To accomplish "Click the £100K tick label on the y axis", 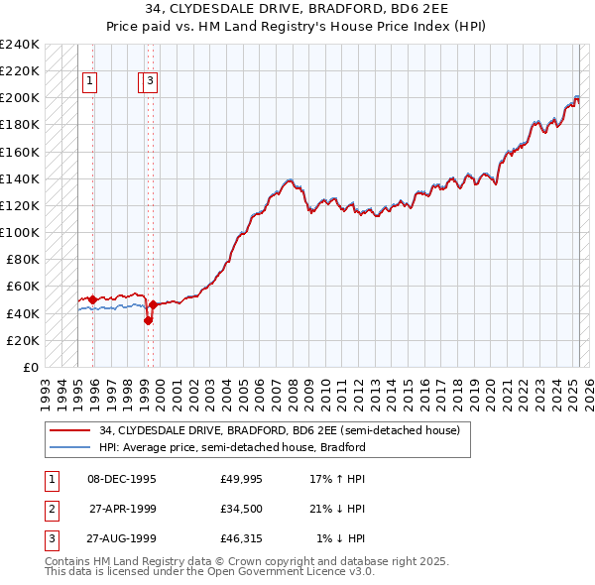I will click(20, 232).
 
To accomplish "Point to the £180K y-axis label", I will click(20, 125).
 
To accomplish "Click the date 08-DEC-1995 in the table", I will click(121, 479).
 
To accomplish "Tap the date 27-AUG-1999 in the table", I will click(121, 539).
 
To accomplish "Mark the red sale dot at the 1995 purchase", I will click(93, 299).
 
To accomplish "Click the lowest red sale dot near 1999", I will click(148, 320).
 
